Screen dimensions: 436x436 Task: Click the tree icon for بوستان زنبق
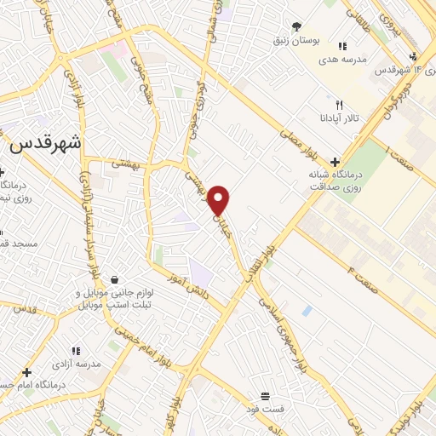296,27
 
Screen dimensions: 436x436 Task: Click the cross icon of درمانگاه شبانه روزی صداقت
335,162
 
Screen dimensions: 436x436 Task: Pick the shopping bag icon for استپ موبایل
113,279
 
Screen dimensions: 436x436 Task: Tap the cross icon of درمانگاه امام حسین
27,371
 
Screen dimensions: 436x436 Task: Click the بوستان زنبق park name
294,40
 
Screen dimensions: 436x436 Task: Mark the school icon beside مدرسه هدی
341,47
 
